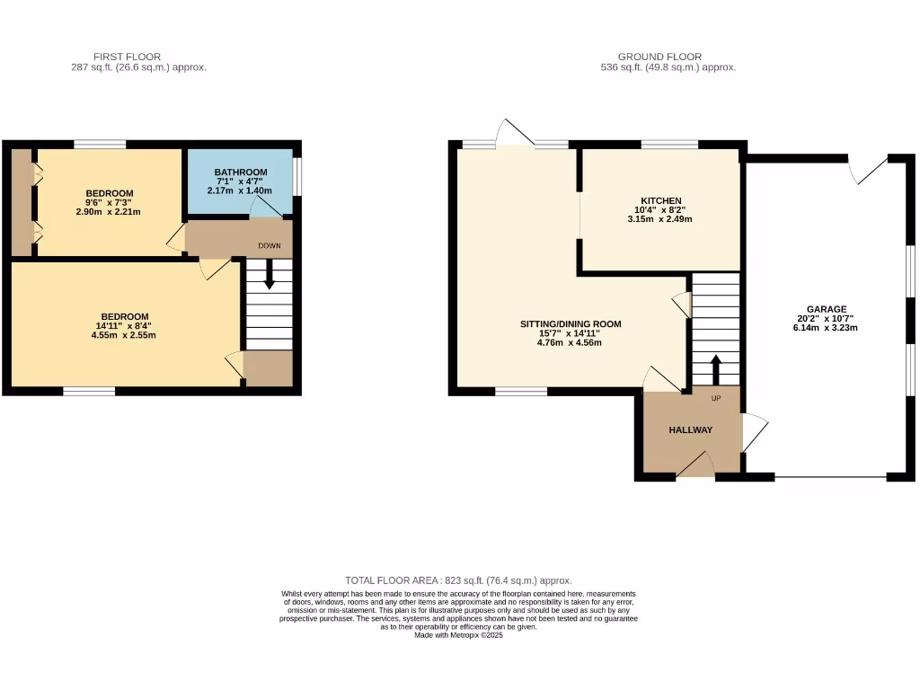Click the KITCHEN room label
click(660, 200)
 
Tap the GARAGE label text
click(826, 309)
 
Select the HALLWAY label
click(690, 430)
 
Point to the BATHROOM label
click(240, 172)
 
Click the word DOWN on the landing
click(270, 245)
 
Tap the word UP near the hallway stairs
click(715, 398)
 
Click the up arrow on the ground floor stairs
click(716, 368)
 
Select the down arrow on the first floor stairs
click(269, 279)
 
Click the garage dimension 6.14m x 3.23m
click(826, 328)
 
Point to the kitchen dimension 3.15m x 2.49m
click(660, 218)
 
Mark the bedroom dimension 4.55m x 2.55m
click(124, 335)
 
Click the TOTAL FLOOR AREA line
click(459, 580)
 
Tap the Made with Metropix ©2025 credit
click(459, 635)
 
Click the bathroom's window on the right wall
click(297, 176)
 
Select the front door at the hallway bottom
click(694, 465)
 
